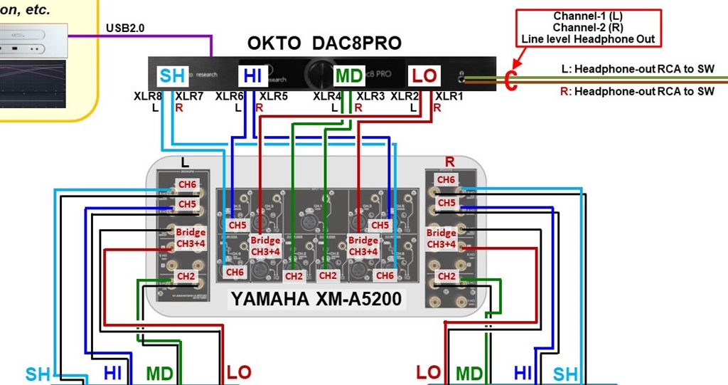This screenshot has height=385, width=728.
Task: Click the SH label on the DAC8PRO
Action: coord(173,75)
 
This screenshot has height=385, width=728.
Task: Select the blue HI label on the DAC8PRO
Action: coord(253,75)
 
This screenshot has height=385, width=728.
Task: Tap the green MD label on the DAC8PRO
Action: coord(349,75)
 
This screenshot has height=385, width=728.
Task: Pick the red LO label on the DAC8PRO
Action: coord(424,75)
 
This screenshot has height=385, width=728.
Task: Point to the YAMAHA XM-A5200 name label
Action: coord(316,300)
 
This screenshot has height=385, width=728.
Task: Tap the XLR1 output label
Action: coord(449,96)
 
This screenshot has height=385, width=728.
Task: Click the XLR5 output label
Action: coord(274,96)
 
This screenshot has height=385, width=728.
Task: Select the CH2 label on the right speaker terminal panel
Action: coord(446,275)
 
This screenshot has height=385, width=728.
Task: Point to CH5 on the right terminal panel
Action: coord(446,204)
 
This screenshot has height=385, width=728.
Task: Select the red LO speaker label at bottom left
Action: coord(238,371)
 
